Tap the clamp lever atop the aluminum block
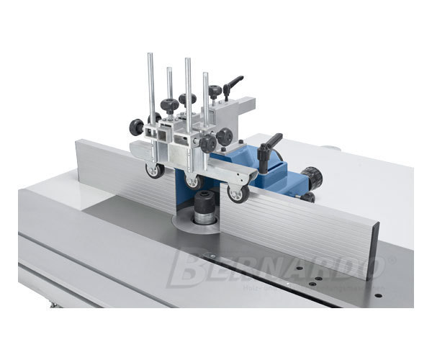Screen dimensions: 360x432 (x=233, y=86)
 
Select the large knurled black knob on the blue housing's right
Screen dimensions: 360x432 (x=311, y=176)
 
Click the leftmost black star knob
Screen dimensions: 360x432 (x=136, y=127)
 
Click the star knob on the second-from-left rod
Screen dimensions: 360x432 (x=169, y=107)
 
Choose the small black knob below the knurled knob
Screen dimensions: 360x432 (x=307, y=197)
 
